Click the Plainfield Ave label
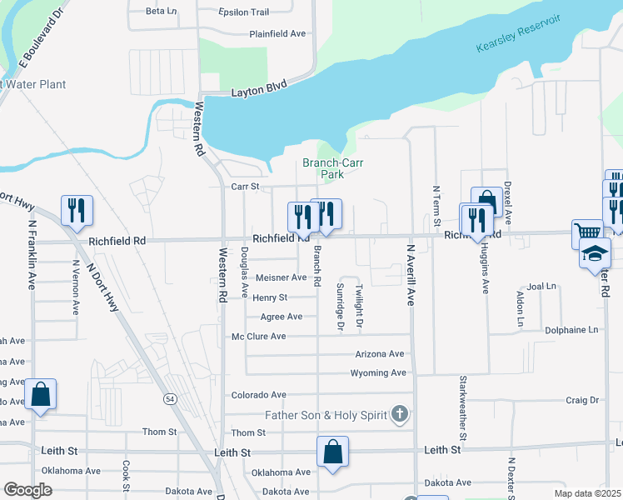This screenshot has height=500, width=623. pos(278,34)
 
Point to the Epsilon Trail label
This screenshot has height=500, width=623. pos(243,12)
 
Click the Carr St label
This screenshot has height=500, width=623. pos(246,187)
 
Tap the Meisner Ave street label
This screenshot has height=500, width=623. pos(282,277)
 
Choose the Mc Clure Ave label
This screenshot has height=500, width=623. pos(258,337)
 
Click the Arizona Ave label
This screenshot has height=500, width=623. pos(379,354)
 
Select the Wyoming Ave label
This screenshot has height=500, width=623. pos(378,373)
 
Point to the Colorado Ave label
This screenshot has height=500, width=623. pos(258,395)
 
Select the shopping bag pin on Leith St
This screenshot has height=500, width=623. pos(332,452)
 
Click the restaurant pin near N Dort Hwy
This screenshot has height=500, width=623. pos(77,211)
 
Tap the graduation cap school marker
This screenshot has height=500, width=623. pos(596,252)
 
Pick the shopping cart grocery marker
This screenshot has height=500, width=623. pos(587,233)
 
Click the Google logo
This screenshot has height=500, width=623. pos(27,490)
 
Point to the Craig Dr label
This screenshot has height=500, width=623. pos(582,401)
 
